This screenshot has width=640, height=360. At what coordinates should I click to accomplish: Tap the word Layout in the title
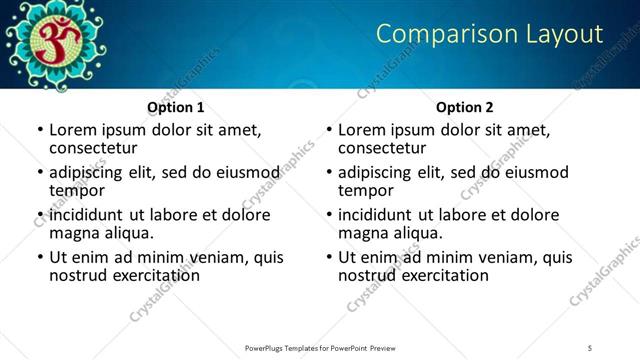564,34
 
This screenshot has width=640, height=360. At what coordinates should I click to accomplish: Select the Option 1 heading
176,107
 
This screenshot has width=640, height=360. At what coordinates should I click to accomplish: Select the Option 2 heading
465,107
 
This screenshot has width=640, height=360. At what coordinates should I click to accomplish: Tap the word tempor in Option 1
77,190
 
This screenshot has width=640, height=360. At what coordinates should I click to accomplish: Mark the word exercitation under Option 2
442,275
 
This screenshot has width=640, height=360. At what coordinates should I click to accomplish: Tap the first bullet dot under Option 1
40,131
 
